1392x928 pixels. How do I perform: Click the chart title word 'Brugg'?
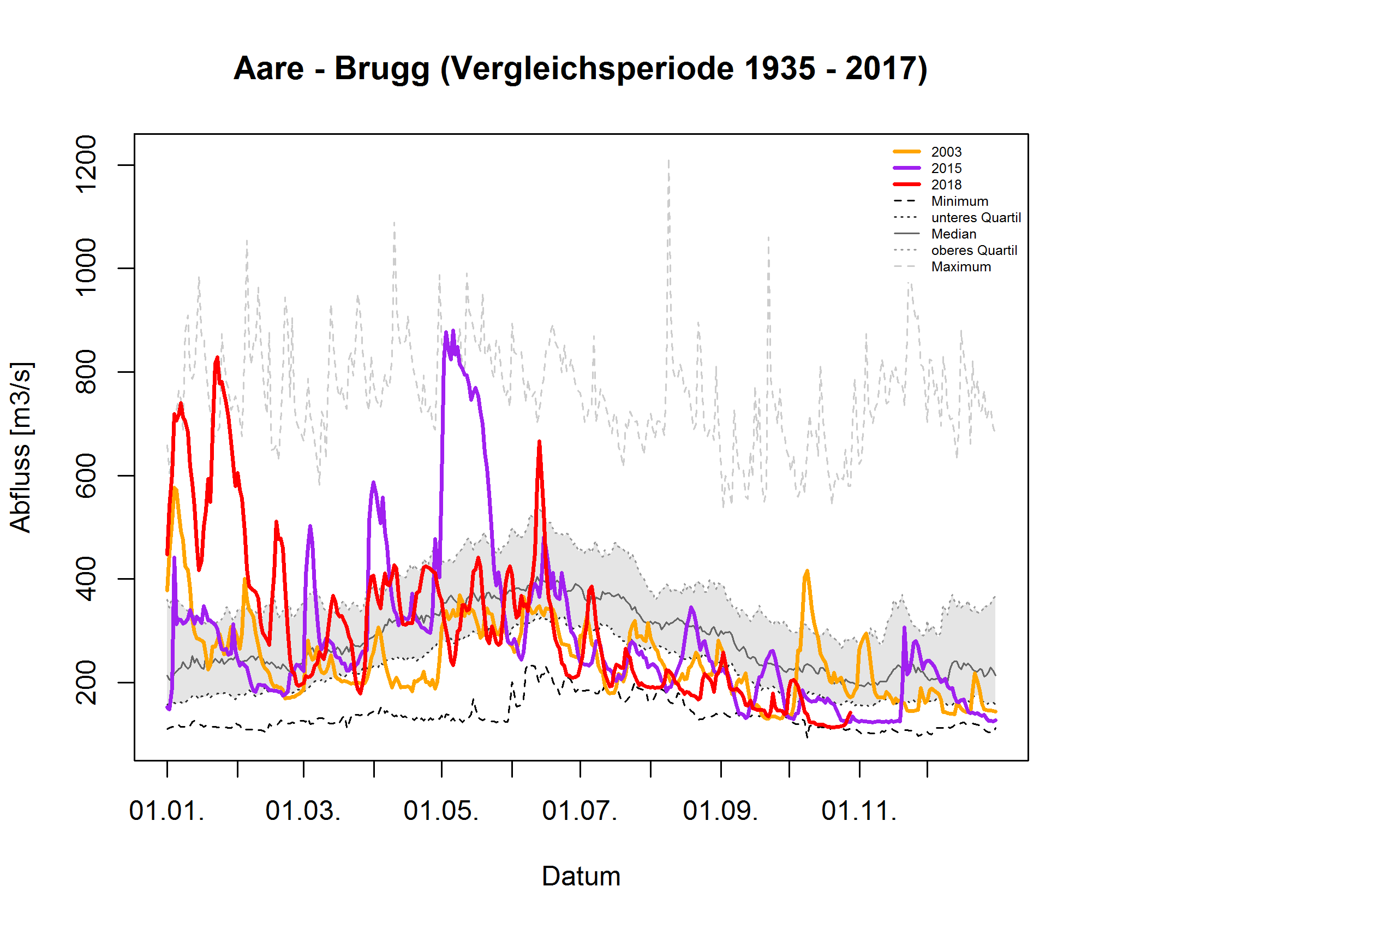coord(381,69)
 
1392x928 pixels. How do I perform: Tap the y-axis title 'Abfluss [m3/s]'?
coord(21,447)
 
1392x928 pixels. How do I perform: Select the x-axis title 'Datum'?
coord(581,876)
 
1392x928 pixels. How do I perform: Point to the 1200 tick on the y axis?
coord(86,164)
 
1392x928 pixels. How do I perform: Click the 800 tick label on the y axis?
coord(86,372)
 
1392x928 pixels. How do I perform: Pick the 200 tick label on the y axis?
coord(86,682)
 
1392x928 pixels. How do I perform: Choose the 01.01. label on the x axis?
coord(167,811)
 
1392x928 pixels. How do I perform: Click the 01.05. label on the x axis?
coord(441,811)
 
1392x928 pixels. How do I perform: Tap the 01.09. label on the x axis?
coord(720,811)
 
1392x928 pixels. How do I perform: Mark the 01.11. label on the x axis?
coord(859,811)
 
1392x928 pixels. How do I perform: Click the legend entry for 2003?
coord(945,152)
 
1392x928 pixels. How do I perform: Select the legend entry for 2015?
coord(945,169)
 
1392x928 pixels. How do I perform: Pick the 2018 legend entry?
coord(945,185)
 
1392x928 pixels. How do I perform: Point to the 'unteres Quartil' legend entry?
coord(975,218)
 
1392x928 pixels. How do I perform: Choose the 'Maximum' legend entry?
coord(960,267)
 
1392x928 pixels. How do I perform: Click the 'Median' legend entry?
coord(953,234)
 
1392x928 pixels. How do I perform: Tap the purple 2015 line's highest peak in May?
coord(447,332)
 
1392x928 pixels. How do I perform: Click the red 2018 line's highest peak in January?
coord(217,358)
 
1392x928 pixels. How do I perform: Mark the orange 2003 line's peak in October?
coord(807,571)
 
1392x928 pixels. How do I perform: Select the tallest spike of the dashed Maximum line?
coord(668,160)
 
